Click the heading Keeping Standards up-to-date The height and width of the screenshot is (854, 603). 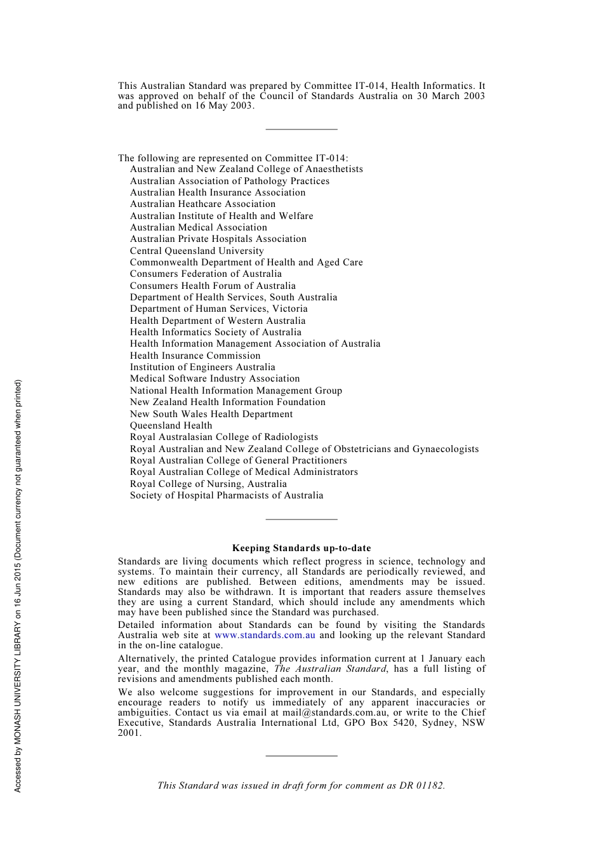[x=301, y=548]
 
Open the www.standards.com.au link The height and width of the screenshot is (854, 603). [x=265, y=635]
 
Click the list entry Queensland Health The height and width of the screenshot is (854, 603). [x=171, y=425]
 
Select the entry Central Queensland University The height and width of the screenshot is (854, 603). [x=197, y=251]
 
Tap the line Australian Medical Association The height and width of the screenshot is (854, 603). [x=198, y=227]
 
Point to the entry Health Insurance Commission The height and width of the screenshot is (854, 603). [x=195, y=356]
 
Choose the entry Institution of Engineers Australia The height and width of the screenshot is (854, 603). [x=202, y=367]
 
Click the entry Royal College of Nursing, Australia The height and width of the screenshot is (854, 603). [x=208, y=484]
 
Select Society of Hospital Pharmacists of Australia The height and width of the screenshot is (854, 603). [x=227, y=495]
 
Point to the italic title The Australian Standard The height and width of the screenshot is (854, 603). [x=330, y=669]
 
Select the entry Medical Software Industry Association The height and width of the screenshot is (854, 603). [x=215, y=378]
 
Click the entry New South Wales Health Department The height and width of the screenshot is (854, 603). [x=211, y=414]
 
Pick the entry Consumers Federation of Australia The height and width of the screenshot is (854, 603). [x=206, y=274]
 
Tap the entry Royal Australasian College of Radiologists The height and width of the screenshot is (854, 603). [x=224, y=437]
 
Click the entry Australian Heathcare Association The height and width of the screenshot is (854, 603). [x=202, y=204]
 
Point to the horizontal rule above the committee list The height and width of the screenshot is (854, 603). [x=301, y=130]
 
